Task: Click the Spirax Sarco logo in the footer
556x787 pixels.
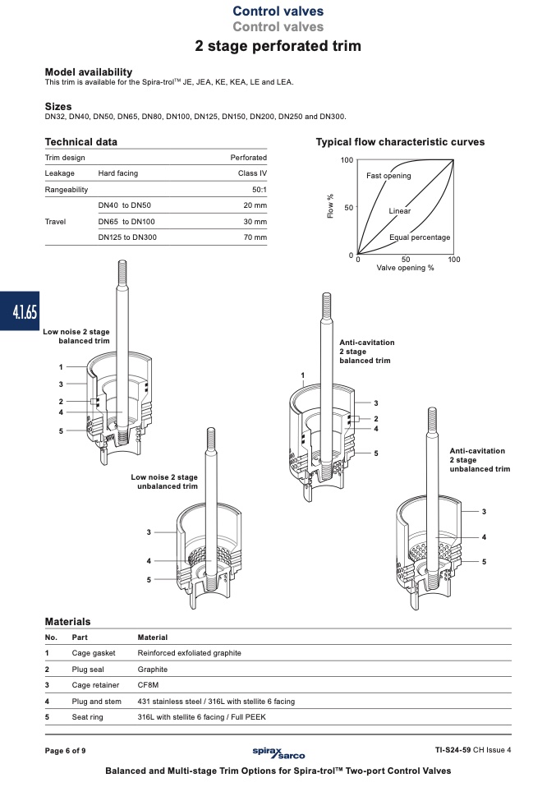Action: (278, 752)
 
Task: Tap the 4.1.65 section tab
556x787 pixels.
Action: (20, 311)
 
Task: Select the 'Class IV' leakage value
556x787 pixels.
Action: (252, 173)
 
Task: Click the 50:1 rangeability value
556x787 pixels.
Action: (260, 190)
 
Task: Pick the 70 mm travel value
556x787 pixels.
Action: (255, 237)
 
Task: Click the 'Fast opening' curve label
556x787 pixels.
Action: (388, 176)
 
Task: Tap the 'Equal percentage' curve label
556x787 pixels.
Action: (420, 237)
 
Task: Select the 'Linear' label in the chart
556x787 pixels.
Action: (399, 211)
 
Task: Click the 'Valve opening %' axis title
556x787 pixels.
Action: (406, 268)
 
